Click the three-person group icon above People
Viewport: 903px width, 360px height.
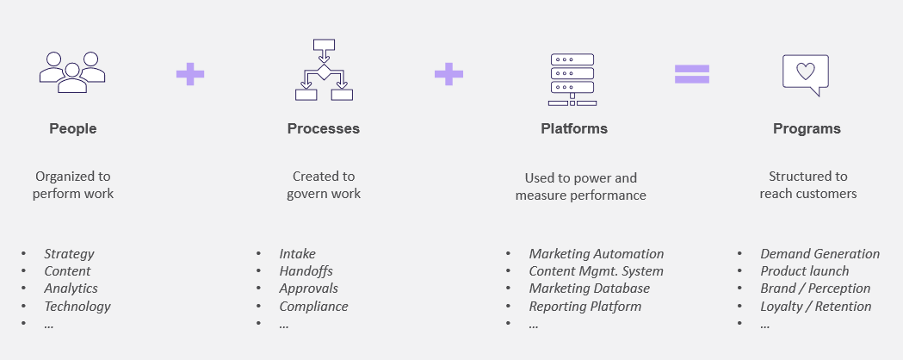(x=72, y=72)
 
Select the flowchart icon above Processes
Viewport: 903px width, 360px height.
(x=324, y=70)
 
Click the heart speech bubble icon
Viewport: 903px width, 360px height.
(x=805, y=74)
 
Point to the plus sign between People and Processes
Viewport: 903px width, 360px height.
(x=190, y=74)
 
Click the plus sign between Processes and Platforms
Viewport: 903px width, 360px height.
(x=448, y=74)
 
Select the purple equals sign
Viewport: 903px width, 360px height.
(x=692, y=74)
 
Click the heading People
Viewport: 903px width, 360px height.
(x=73, y=129)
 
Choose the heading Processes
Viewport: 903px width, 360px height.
(x=324, y=129)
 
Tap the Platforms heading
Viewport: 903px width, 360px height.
(x=574, y=129)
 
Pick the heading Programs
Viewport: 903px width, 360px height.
(x=807, y=129)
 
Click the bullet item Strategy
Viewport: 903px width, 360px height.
(x=69, y=254)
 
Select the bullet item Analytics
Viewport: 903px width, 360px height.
(x=71, y=289)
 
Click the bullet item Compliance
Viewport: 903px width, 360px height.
(x=313, y=306)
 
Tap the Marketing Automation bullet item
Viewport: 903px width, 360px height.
(x=596, y=254)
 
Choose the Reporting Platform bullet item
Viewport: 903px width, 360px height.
(x=584, y=306)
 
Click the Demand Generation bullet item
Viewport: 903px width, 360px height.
(x=820, y=254)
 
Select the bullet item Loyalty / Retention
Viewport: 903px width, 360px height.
(x=815, y=306)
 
